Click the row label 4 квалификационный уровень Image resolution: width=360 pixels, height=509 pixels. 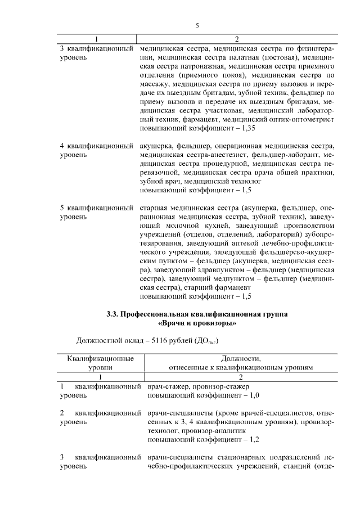click(x=99, y=151)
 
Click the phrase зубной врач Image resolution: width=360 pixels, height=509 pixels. click(x=159, y=181)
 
